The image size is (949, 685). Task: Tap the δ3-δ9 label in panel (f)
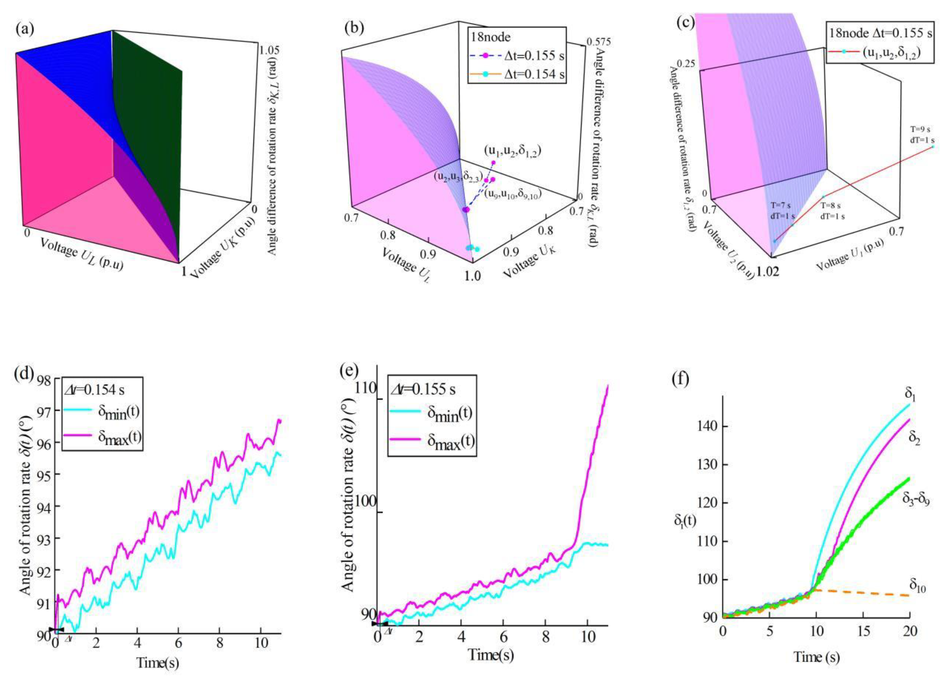coord(916,500)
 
